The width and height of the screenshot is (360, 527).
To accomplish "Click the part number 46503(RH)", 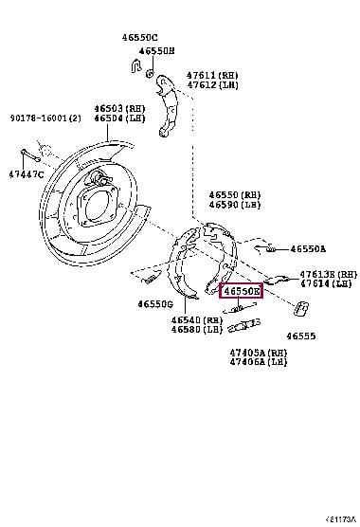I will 115,109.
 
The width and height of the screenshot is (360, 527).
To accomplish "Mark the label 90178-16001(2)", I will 46,118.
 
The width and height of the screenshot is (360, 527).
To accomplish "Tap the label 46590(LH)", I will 235,203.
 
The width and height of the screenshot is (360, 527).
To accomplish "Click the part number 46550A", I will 308,248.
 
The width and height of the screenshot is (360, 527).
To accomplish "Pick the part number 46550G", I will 154,304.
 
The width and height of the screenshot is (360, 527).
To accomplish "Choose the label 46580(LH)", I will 197,331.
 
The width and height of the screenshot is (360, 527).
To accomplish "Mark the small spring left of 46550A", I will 271,248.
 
